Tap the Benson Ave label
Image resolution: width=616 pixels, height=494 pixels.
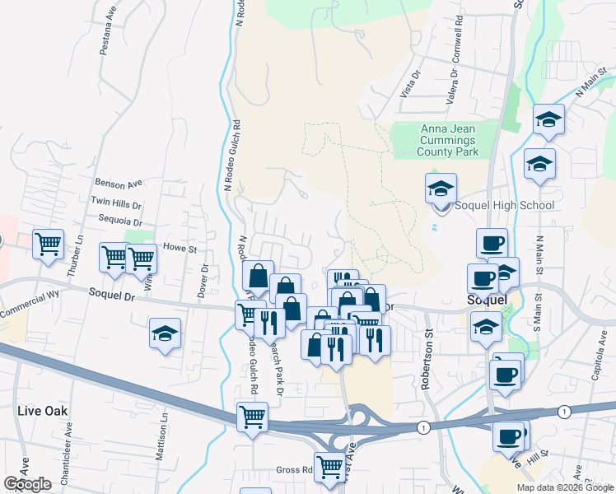[119, 183]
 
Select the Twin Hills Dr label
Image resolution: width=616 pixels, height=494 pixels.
[116, 203]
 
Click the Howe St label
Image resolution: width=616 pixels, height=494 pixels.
[180, 246]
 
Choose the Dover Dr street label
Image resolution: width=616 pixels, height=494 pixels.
[200, 282]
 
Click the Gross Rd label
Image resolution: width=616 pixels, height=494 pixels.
[293, 469]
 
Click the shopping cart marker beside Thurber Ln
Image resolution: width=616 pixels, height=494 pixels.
[49, 244]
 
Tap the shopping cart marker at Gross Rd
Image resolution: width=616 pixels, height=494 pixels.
[330, 466]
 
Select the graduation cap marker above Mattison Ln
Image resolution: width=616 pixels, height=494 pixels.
[166, 334]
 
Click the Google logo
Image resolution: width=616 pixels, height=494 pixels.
[27, 484]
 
